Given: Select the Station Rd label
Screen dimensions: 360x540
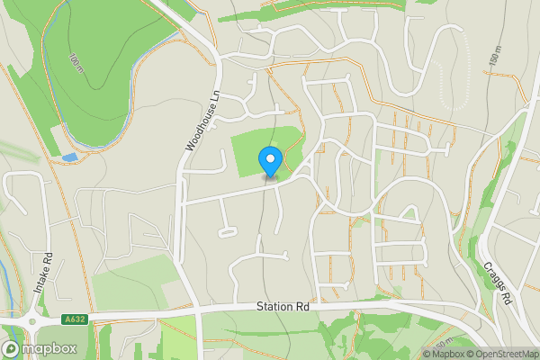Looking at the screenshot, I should click(x=282, y=307).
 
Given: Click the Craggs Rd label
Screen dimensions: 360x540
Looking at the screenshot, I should click(x=497, y=283).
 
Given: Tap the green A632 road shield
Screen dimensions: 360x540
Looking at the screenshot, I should click(x=75, y=319).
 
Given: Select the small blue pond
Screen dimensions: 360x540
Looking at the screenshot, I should click(x=70, y=157).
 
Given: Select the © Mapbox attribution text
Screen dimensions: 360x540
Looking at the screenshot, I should click(x=442, y=354).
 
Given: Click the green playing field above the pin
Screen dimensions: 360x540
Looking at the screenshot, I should click(x=261, y=144).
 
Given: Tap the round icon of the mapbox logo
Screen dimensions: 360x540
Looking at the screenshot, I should click(x=11, y=349).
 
